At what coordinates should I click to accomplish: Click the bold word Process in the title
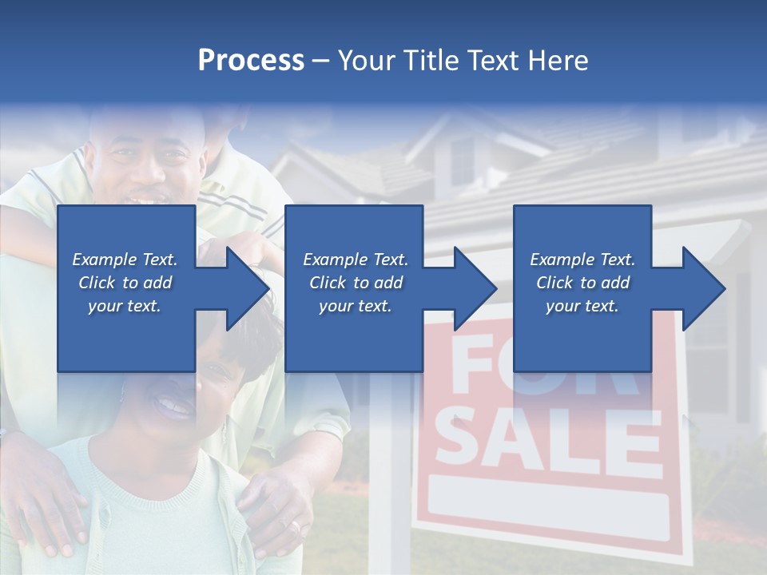[x=251, y=61]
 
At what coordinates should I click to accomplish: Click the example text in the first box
[x=125, y=283]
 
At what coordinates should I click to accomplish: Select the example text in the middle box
[x=356, y=283]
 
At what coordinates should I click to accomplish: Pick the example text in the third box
[x=582, y=283]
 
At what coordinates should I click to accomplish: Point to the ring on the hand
[x=295, y=526]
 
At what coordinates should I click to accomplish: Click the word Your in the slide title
[x=365, y=61]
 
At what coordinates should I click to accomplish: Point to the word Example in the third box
[x=562, y=260]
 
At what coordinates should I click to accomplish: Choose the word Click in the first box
[x=97, y=283]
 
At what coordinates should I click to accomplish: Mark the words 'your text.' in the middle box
[x=356, y=306]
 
